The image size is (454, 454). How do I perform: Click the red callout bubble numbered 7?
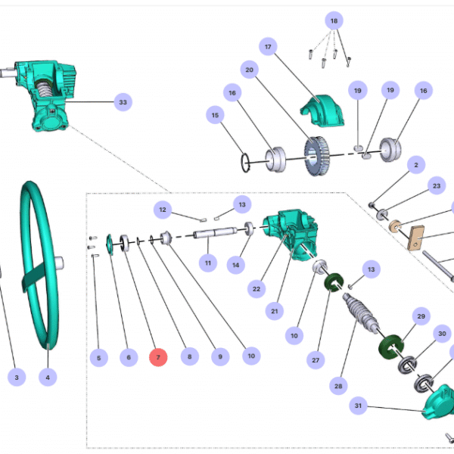pyautogui.click(x=157, y=357)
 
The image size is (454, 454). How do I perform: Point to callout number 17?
pyautogui.click(x=268, y=47)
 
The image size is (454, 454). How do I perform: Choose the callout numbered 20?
pyautogui.click(x=248, y=70)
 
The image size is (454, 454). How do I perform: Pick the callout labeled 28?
pyautogui.click(x=337, y=386)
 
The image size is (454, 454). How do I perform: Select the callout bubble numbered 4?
pyautogui.click(x=47, y=376)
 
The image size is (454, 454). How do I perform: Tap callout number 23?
pyautogui.click(x=436, y=185)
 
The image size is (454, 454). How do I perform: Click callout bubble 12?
pyautogui.click(x=162, y=207)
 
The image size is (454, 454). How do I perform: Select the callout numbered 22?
pyautogui.click(x=257, y=288)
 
